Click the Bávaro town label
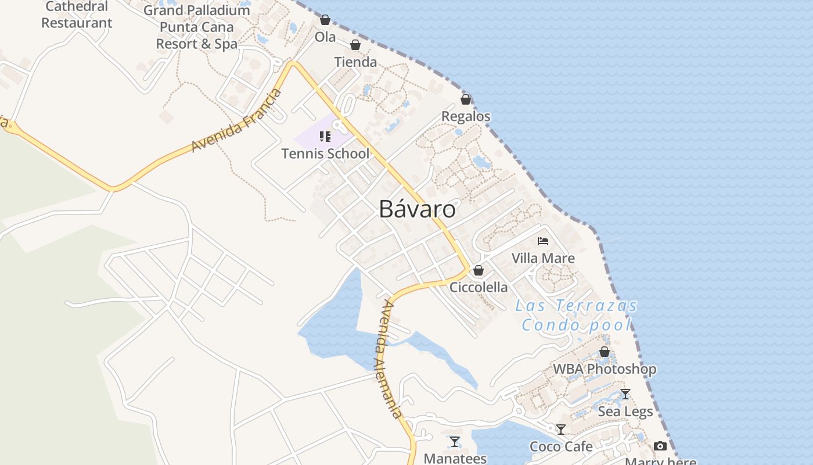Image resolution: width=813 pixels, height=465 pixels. click(417, 209)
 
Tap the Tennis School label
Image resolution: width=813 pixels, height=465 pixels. click(325, 153)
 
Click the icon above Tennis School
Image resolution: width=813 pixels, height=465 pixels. click(325, 137)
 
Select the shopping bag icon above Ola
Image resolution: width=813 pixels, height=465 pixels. click(325, 20)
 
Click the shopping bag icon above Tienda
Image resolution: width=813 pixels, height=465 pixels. click(355, 45)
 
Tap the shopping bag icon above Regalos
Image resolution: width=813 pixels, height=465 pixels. click(465, 99)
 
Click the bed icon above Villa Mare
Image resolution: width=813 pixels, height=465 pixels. click(543, 241)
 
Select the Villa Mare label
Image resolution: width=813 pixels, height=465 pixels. click(543, 258)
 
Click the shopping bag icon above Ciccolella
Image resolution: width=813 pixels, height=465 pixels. click(479, 270)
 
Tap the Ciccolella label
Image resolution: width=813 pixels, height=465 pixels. click(479, 287)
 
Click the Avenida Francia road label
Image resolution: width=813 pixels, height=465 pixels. click(236, 121)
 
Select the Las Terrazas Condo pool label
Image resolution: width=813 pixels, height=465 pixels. click(576, 315)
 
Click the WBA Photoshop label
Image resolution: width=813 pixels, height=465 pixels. click(605, 369)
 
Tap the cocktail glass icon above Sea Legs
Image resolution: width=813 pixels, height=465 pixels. click(625, 394)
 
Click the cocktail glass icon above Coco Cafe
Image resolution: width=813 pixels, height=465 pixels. click(561, 430)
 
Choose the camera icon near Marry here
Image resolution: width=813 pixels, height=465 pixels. click(660, 446)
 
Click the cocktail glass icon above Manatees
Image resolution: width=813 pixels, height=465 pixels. click(455, 442)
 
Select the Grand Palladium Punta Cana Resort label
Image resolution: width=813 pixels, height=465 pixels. click(197, 27)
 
